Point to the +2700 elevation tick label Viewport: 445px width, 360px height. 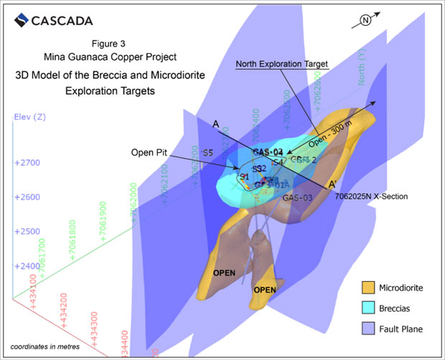pyautogui.click(x=27, y=163)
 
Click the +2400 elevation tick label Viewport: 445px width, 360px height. pyautogui.click(x=27, y=265)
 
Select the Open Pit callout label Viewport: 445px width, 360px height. pyautogui.click(x=151, y=153)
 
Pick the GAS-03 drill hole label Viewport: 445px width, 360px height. pyautogui.click(x=297, y=197)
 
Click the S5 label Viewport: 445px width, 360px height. pyautogui.click(x=207, y=153)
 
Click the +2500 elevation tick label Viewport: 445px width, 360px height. pyautogui.click(x=27, y=232)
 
